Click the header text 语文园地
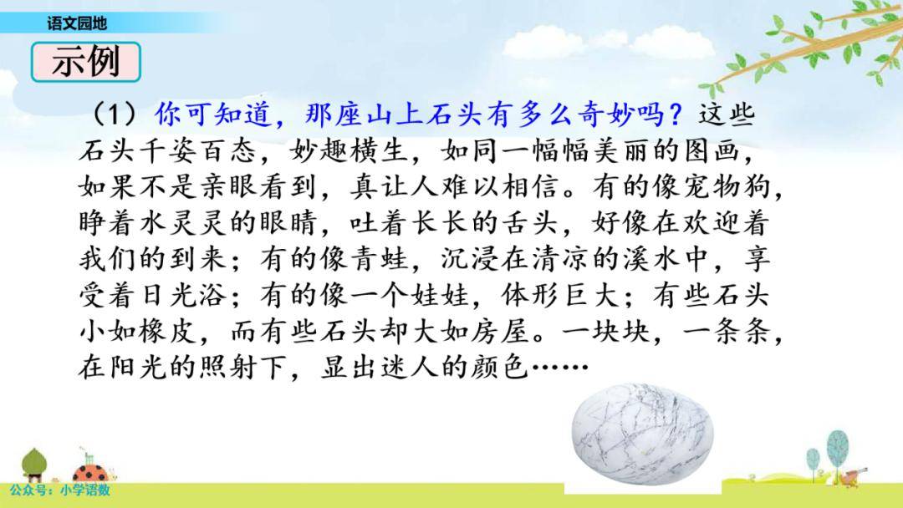pos(77,23)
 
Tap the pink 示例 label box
pos(86,62)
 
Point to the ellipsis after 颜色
pos(559,367)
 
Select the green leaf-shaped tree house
pos(34,464)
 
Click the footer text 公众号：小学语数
pos(59,490)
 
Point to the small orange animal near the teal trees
pos(852,475)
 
